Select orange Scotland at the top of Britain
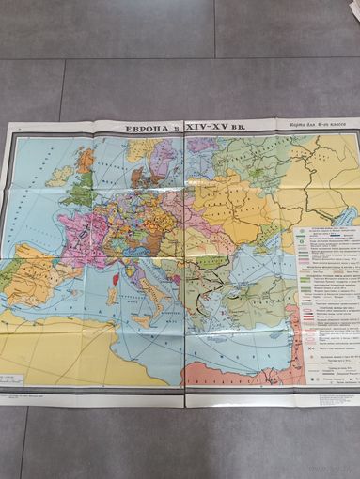click(x=86, y=160)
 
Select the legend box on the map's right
click(x=325, y=301)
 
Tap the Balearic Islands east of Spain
click(x=83, y=299)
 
